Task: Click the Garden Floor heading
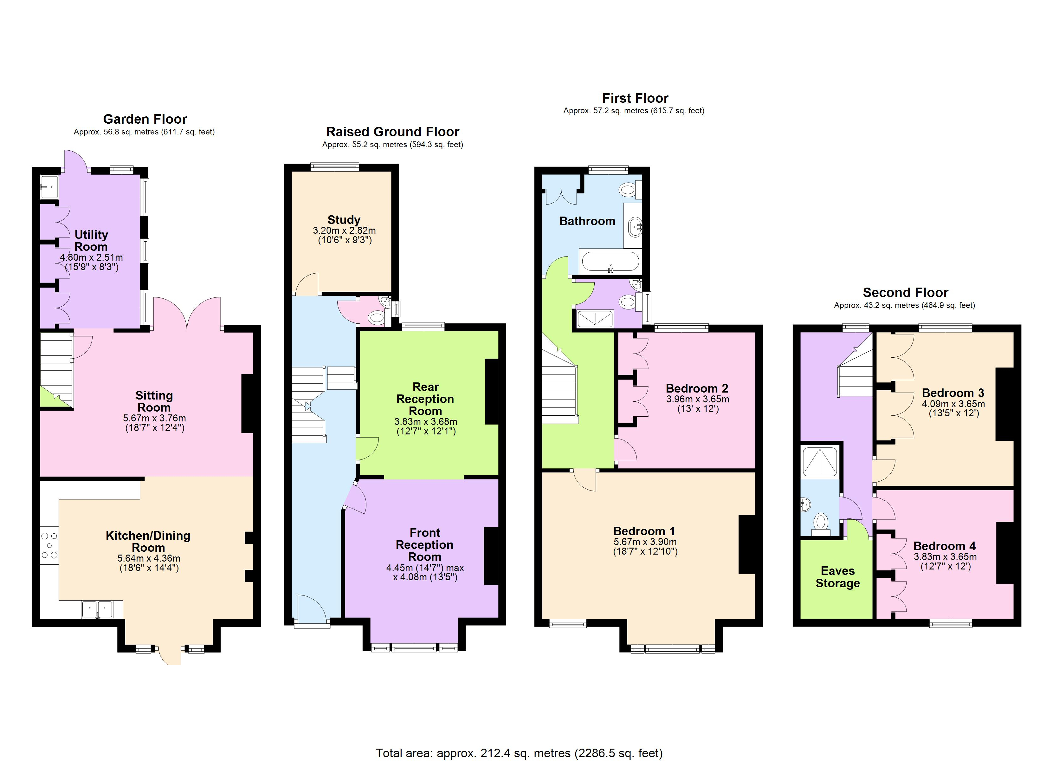(x=145, y=119)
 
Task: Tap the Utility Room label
(x=91, y=240)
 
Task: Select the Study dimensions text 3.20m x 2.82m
(x=344, y=230)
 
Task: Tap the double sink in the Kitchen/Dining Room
(x=97, y=609)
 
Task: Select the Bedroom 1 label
(x=645, y=531)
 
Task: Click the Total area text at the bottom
(x=519, y=753)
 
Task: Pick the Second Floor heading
(x=905, y=293)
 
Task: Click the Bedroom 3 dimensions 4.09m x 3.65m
(x=953, y=404)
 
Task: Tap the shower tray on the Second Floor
(x=820, y=461)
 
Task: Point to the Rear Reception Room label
(x=425, y=399)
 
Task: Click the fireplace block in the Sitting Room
(x=248, y=403)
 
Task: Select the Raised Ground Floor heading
(x=392, y=132)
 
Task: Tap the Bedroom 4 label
(x=945, y=546)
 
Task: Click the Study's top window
(x=335, y=167)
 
